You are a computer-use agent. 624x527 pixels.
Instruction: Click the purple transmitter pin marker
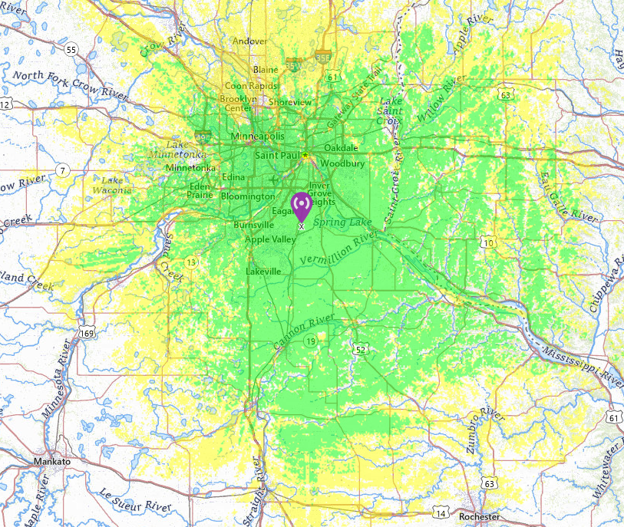click(x=301, y=205)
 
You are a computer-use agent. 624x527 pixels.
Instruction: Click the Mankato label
click(x=52, y=462)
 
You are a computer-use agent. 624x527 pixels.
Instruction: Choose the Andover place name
click(x=250, y=41)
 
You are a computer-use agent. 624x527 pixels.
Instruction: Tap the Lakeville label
click(x=264, y=272)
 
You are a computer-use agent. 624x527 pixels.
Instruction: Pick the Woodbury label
click(x=336, y=163)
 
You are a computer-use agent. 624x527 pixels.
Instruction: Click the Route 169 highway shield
click(x=87, y=334)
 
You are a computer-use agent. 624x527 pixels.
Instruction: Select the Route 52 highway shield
click(x=361, y=350)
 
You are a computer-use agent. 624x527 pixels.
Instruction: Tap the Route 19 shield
click(x=310, y=341)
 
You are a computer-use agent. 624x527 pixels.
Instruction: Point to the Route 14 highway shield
click(x=441, y=512)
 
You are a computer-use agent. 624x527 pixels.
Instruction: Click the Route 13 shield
click(x=190, y=262)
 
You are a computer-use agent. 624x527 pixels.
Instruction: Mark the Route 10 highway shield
click(x=487, y=243)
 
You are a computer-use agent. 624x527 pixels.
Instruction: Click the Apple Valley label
click(x=270, y=239)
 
